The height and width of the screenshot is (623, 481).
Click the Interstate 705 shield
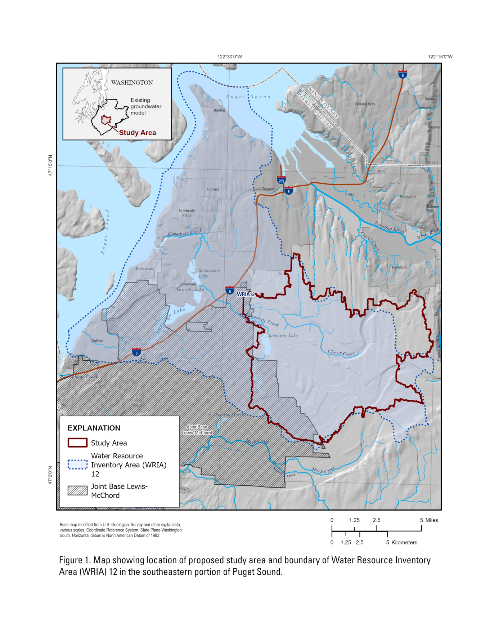point(281,180)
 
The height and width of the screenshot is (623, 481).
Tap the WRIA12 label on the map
point(246,294)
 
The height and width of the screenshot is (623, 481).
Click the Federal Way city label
point(365,104)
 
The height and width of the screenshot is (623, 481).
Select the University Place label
point(187,213)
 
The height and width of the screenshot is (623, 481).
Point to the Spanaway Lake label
point(283,335)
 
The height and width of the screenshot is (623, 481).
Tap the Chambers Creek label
point(185,233)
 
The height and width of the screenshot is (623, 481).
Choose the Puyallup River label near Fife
point(389,227)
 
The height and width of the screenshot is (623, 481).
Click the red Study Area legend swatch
point(77,442)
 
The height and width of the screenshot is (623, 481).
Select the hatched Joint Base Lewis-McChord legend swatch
point(77,490)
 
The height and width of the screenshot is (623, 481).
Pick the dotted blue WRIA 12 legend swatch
point(77,464)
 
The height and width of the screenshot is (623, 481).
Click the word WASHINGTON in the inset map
point(132,83)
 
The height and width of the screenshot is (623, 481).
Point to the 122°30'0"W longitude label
point(230,57)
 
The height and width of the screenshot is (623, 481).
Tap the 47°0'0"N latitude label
point(50,475)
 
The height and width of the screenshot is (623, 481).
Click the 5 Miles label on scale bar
point(429,520)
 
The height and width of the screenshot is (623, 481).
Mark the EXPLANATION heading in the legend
point(94,428)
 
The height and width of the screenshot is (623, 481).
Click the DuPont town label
point(97,341)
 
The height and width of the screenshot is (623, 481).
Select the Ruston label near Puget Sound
point(219,110)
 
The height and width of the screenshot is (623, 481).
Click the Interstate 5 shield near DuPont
point(136,352)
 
